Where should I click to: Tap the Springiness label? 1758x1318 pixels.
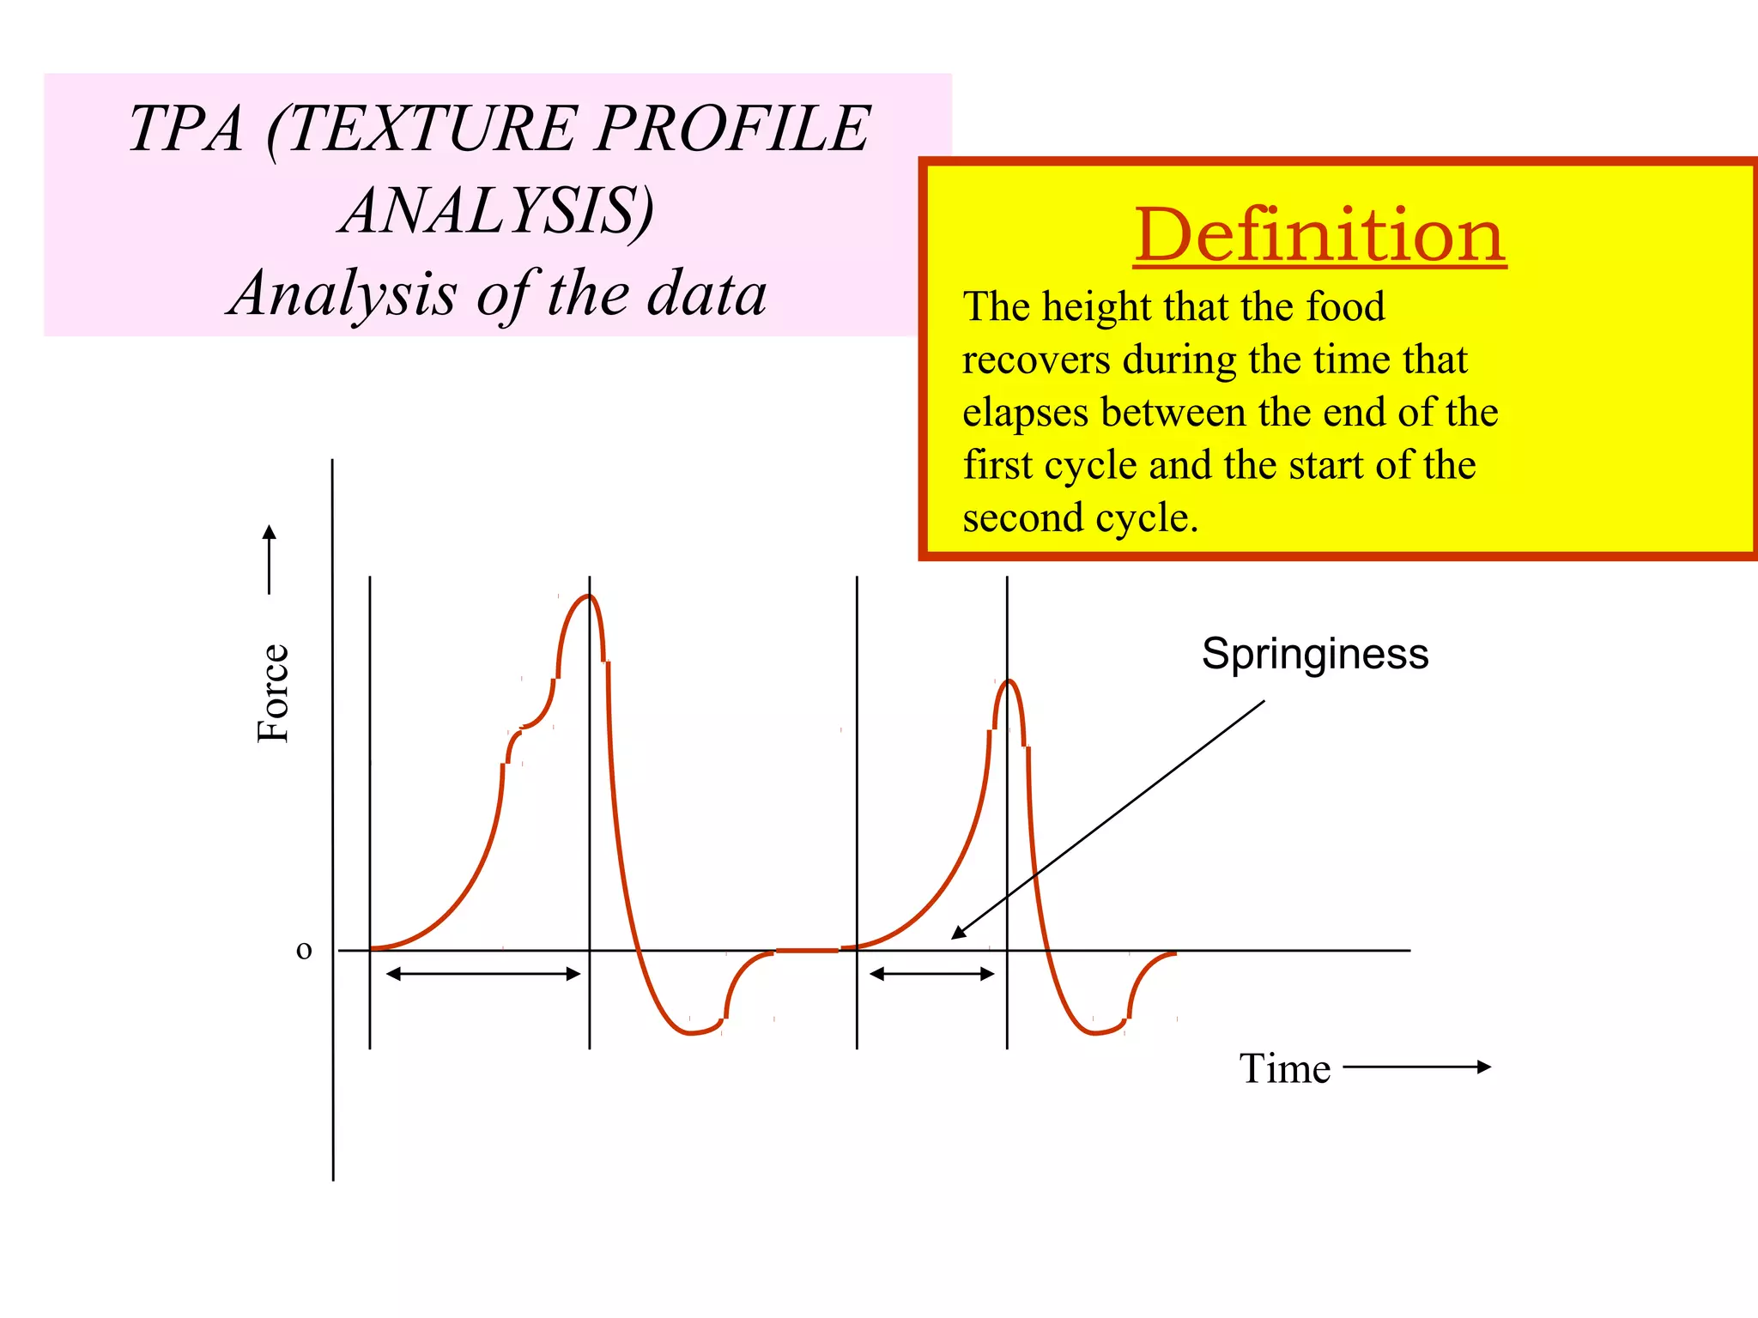coord(1314,654)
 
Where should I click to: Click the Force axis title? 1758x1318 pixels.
coord(274,692)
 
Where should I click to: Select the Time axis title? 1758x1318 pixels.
coord(1284,1069)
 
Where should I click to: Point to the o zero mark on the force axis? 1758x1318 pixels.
coord(304,951)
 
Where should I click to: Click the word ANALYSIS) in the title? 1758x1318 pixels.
coord(497,210)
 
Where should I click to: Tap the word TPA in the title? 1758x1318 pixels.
coord(186,129)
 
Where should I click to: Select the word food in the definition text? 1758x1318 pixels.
coord(1345,306)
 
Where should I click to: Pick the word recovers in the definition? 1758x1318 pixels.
coord(1036,360)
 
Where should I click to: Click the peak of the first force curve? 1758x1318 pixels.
coord(588,596)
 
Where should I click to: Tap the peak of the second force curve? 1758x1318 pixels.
coord(1009,681)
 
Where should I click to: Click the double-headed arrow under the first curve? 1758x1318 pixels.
coord(483,974)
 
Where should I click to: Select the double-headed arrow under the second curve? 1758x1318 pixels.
coord(931,974)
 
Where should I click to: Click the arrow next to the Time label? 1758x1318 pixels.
coord(1416,1067)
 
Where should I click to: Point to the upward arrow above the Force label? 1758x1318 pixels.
coord(270,559)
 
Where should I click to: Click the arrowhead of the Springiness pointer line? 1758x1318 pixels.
coord(957,934)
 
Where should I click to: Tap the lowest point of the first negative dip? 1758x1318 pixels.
coord(692,1033)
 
